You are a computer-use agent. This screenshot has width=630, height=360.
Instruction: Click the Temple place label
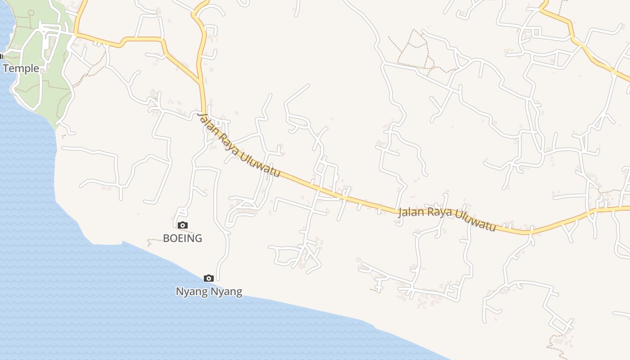pos(21,68)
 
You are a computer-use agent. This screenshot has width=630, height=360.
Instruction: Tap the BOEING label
pos(182,238)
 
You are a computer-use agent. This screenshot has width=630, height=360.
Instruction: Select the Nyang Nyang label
pos(209,292)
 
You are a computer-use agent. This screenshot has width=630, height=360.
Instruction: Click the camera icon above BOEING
pos(182,225)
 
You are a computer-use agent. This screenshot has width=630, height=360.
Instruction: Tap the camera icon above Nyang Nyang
pos(209,278)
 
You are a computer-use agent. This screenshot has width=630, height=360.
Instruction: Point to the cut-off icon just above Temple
pos(1,56)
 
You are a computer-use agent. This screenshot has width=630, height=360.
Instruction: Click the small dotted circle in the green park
pos(31,12)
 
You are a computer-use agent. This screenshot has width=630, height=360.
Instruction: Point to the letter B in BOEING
pos(166,238)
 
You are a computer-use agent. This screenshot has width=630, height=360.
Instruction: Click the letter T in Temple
pos(6,68)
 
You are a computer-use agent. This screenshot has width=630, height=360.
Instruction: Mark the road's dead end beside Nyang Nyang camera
pos(218,279)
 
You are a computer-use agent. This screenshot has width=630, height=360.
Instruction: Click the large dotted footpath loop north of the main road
pos(414,49)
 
